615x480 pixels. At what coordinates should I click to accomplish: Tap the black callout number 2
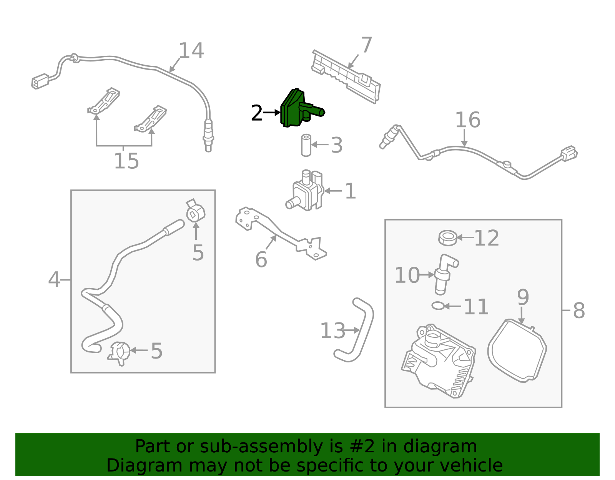(256, 113)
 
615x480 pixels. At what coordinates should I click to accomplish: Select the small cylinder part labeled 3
(306, 145)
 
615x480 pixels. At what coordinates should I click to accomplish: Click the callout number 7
(366, 45)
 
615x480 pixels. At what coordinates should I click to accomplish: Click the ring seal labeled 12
(447, 238)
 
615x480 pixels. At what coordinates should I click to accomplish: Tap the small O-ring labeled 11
(438, 306)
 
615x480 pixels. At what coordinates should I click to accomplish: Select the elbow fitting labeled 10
(445, 273)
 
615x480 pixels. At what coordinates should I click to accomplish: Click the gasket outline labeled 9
(517, 350)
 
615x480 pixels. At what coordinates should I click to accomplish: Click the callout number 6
(261, 260)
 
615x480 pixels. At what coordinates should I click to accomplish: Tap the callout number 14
(191, 51)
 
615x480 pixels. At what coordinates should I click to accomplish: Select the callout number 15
(126, 161)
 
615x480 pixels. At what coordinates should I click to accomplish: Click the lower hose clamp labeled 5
(119, 352)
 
